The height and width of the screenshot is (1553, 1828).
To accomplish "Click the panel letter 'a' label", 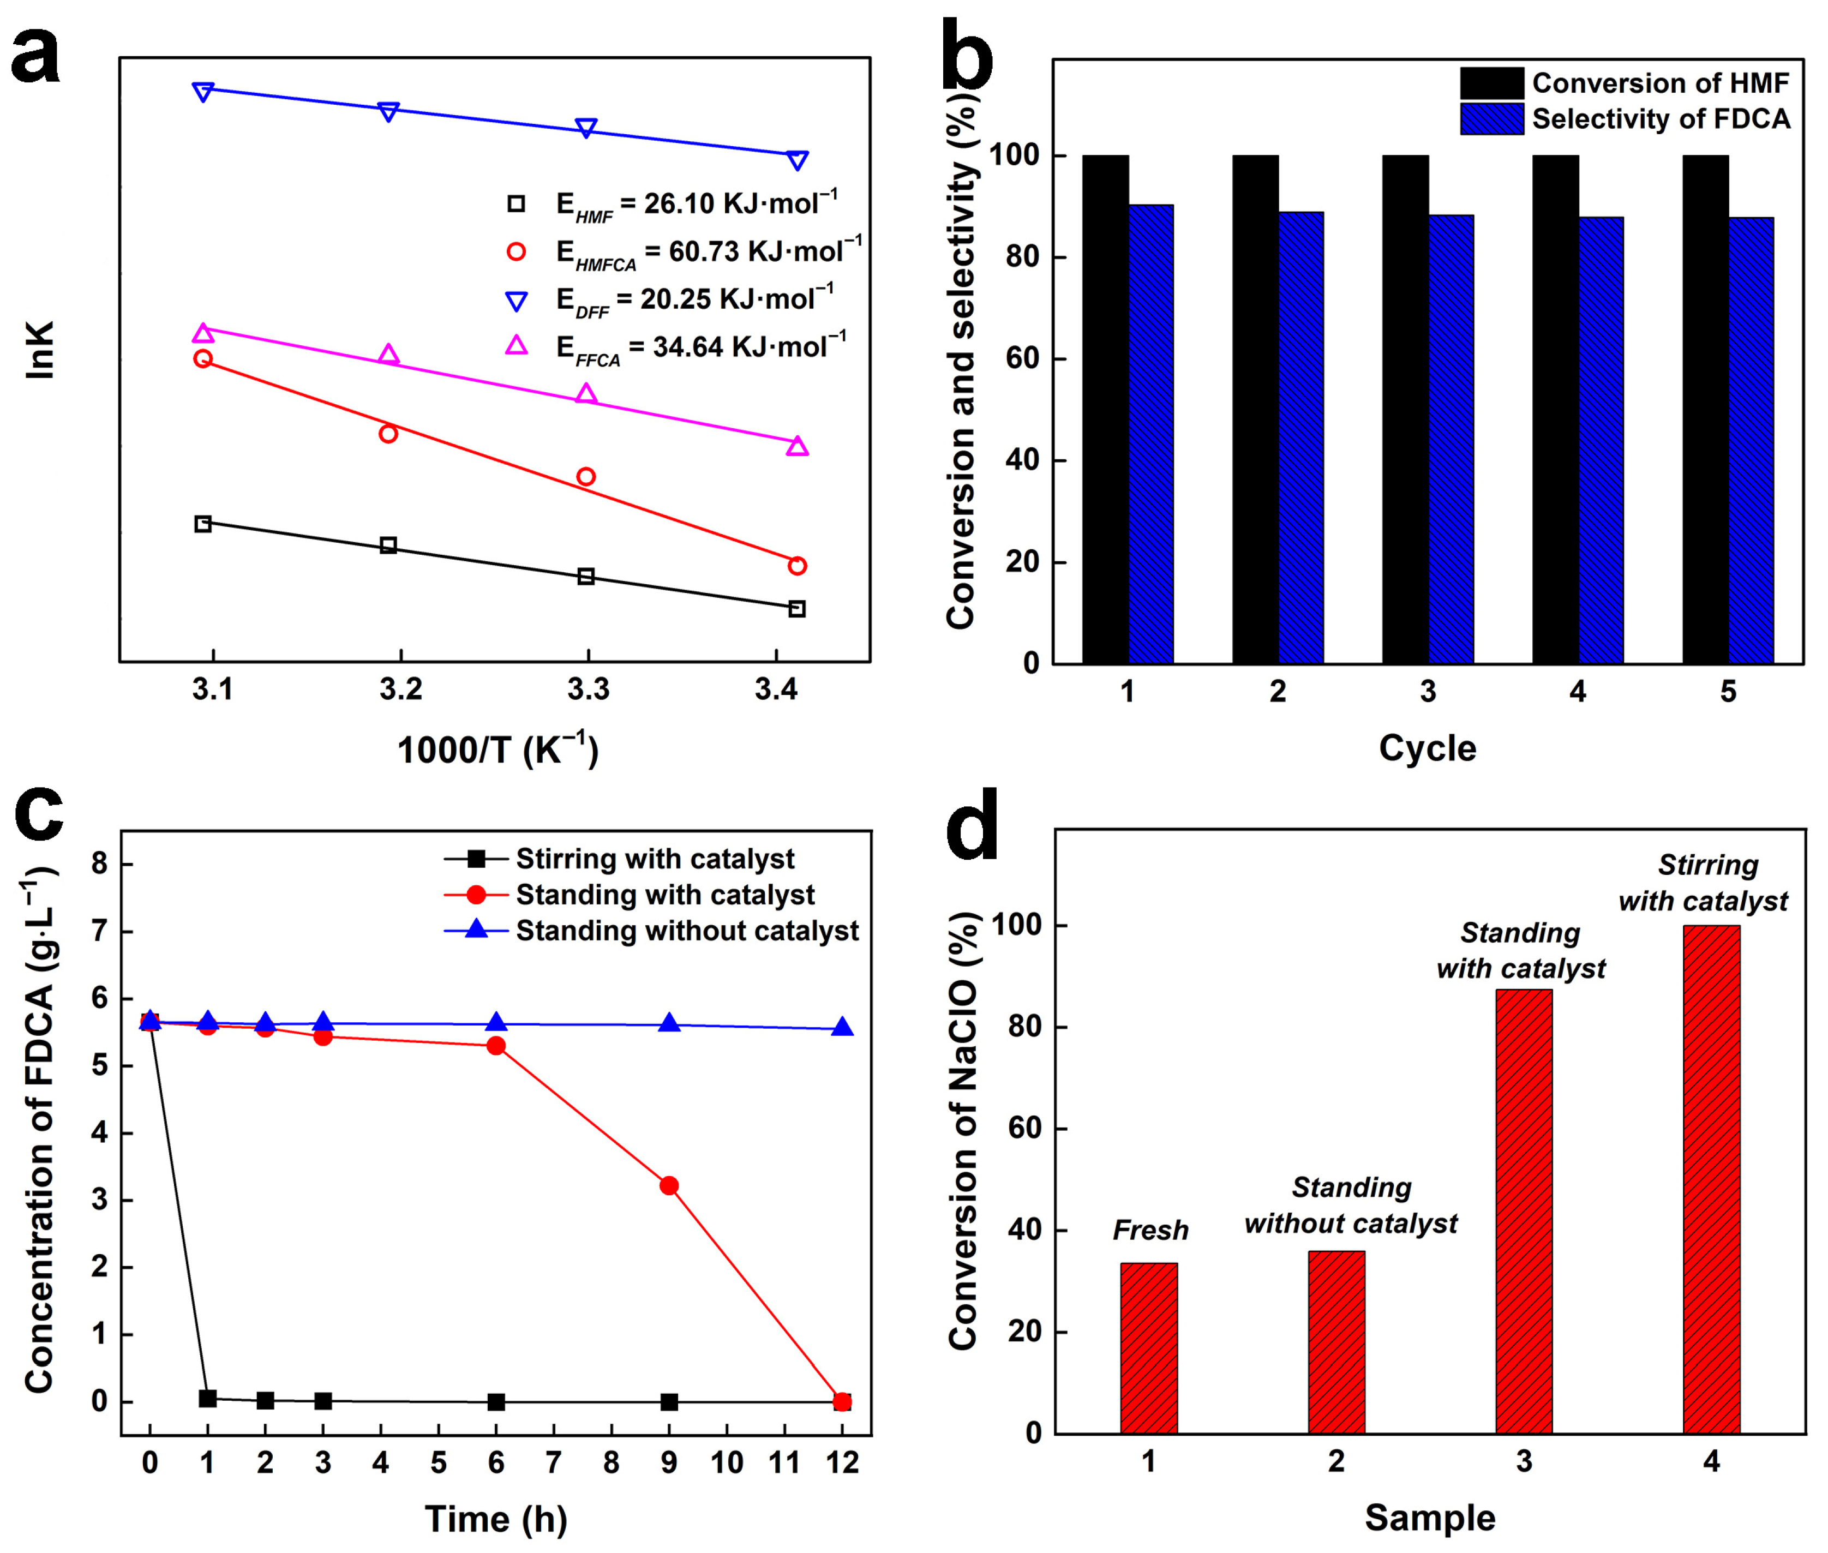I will tap(35, 55).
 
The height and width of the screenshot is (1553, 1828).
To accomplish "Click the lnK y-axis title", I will tap(40, 350).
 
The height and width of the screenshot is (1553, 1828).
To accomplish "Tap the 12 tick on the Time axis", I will tap(841, 1462).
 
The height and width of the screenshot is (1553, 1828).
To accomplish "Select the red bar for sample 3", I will tap(1523, 1210).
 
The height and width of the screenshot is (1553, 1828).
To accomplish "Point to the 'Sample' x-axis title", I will tap(1429, 1518).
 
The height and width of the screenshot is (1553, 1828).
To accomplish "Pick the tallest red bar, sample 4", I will tap(1710, 1178).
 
